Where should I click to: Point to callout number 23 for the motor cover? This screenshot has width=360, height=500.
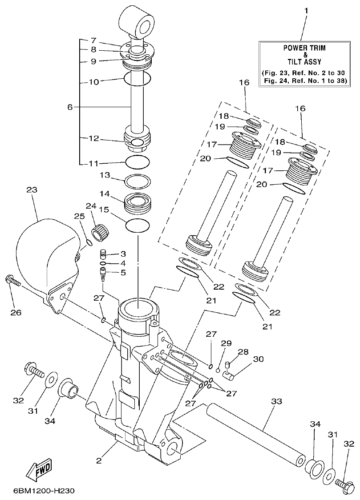click(32, 190)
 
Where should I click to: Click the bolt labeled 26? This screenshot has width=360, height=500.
click(13, 282)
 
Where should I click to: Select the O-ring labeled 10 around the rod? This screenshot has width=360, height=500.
click(137, 79)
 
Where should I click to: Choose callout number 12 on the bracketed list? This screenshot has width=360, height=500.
click(94, 139)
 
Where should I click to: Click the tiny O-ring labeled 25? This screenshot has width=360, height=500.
click(89, 242)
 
